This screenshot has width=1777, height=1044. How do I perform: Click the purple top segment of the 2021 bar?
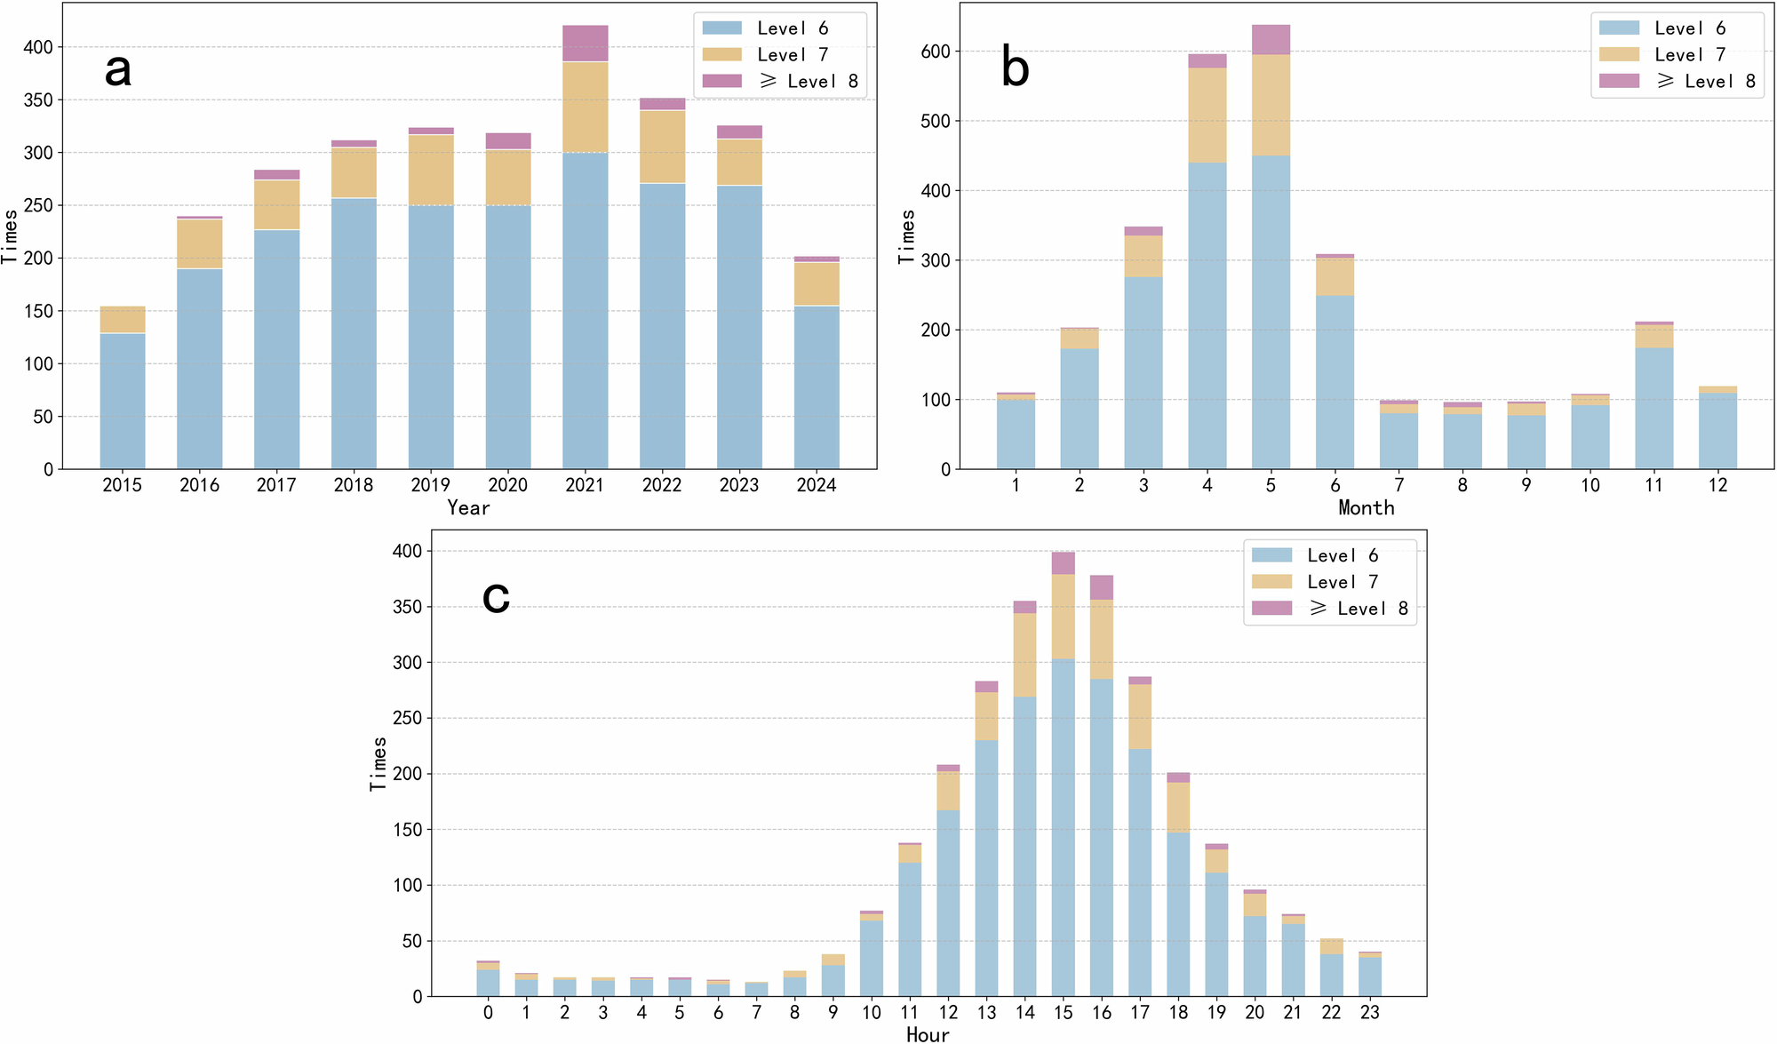586,44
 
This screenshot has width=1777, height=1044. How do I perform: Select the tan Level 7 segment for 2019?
431,171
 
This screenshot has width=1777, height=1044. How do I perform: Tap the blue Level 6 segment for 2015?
123,402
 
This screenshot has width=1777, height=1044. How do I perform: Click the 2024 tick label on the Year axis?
817,485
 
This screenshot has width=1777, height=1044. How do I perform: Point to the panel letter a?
118,69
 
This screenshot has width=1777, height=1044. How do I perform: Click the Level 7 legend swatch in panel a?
721,55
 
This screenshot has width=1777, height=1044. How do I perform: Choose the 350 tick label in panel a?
37,100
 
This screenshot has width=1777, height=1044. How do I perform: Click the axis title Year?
468,507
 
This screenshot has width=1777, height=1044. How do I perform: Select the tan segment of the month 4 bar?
1207,116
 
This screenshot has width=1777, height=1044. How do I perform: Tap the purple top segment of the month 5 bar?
1271,40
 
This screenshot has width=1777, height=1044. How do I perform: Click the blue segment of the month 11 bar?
1654,409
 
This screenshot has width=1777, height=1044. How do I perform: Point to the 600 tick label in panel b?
936,52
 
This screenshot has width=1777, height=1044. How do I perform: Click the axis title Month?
1367,507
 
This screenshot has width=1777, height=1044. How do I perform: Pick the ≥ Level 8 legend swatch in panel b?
1619,81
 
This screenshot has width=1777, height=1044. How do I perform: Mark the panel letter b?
1015,68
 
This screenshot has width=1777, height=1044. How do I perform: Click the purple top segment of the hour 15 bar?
1064,563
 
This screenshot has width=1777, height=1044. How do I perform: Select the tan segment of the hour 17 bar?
1140,717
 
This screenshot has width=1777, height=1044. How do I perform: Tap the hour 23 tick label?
1370,1012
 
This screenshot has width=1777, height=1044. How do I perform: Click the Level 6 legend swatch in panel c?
1271,555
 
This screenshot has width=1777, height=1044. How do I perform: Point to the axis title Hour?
928,1034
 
